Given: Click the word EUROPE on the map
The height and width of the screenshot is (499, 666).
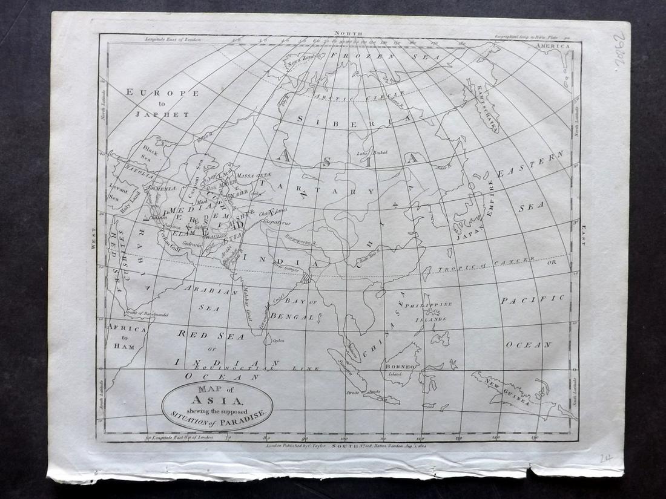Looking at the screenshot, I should point(161,93).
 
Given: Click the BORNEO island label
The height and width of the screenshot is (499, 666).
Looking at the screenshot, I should point(398,367).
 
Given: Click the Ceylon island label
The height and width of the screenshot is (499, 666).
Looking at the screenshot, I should point(279,341).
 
